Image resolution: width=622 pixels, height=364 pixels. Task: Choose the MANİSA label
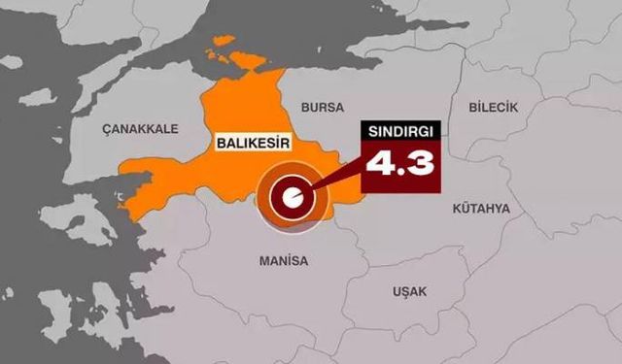pyautogui.click(x=283, y=261)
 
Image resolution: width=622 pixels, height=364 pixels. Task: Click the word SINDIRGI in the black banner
pyautogui.click(x=398, y=130)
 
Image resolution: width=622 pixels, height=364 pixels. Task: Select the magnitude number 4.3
pyautogui.click(x=398, y=162)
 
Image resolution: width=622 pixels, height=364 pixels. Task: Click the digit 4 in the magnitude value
pyautogui.click(x=377, y=162)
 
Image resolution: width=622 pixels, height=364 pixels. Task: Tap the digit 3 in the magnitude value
pyautogui.click(x=419, y=162)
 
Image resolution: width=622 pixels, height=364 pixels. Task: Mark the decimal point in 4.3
pyautogui.click(x=398, y=172)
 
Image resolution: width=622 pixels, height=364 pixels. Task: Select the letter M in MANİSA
pyautogui.click(x=263, y=261)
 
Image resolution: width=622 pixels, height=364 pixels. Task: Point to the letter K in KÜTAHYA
pyautogui.click(x=457, y=208)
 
